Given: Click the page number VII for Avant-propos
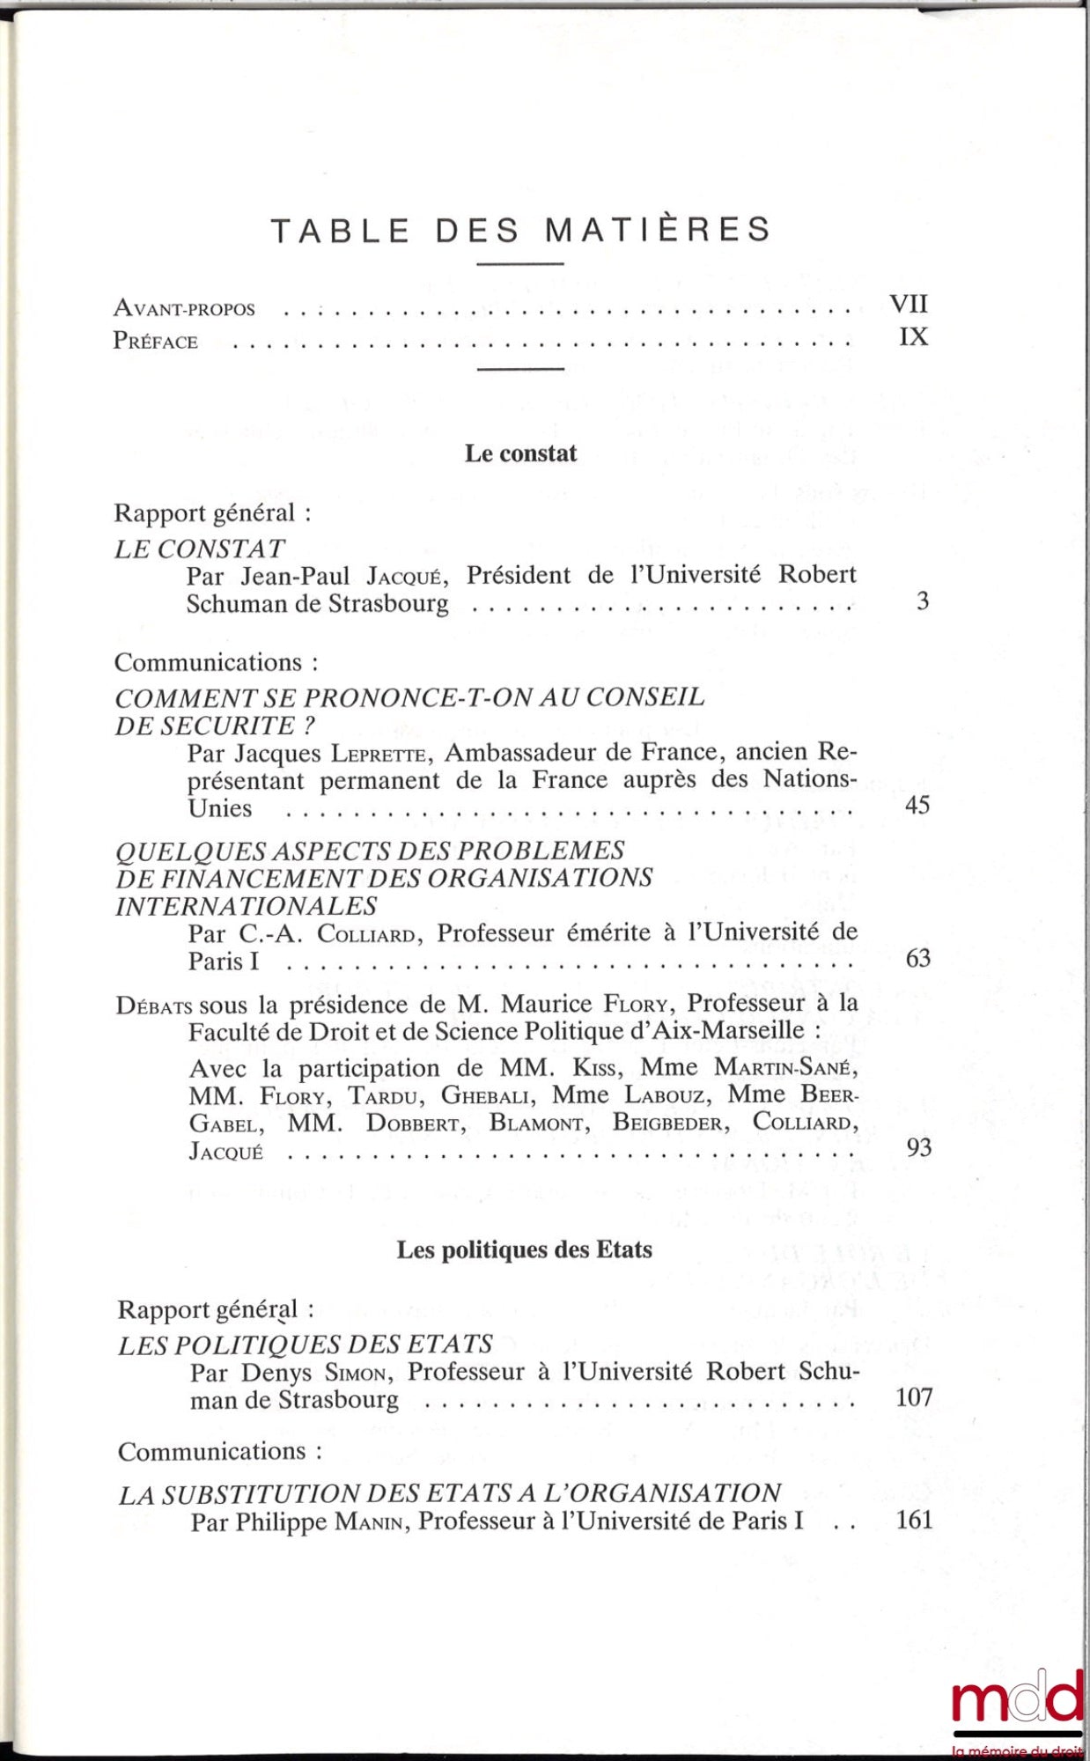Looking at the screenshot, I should pos(909,304).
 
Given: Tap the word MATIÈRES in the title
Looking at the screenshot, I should pos(658,230).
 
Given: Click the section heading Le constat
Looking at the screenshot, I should pos(520,453).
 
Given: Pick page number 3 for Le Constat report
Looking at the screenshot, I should pos(922,601).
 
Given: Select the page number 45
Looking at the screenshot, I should pos(917,806).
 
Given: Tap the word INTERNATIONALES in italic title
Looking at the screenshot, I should pos(246,906).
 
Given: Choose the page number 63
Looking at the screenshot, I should pos(917,958).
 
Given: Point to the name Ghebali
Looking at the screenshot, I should pos(487,1095).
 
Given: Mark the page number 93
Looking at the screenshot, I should pos(918,1147).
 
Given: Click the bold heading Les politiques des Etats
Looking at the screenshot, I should pos(524,1250).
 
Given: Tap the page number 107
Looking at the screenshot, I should pos(914,1397).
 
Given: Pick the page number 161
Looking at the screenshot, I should pos(914,1520).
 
